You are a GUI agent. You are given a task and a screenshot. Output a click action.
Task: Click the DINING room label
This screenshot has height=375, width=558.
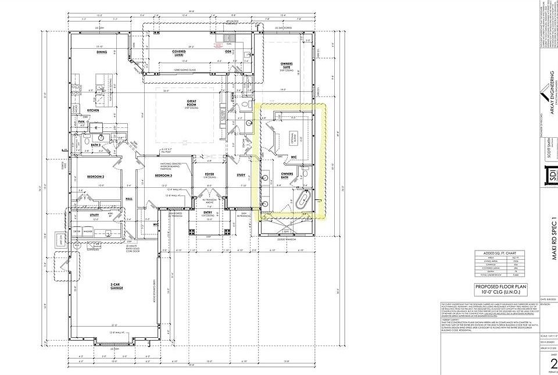coord(102,52)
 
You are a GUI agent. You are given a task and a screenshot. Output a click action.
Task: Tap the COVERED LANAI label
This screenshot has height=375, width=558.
coord(178,52)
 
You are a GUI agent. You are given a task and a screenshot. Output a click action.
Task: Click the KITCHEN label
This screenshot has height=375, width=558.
coord(94,110)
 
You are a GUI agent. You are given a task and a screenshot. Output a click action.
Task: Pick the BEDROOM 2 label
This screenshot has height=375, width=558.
coord(95,176)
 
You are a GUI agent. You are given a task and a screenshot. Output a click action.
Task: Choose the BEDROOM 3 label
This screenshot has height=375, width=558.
coord(164,176)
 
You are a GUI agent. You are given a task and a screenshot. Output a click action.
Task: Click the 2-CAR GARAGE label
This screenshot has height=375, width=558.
coord(117,287)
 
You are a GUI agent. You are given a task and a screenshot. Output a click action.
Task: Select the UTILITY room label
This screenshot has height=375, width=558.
coord(95,215)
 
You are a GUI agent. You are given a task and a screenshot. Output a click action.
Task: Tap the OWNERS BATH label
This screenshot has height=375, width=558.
coord(287,175)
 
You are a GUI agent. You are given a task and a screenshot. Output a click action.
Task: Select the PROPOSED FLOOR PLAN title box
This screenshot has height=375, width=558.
coord(499,290)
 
